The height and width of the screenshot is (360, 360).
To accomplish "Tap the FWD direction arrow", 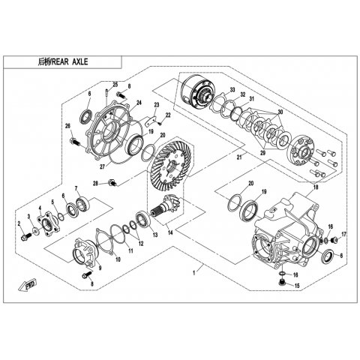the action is coord(28,284).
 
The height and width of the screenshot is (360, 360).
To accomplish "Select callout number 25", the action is coord(115,85).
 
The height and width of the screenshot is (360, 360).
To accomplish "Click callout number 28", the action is coord(95,184).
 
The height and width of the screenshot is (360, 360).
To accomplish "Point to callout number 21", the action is coord(239,157).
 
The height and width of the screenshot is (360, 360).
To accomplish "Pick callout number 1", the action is coord(193,273).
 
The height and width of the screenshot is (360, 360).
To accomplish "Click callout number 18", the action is coord(316,187).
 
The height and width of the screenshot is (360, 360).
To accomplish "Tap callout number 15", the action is coord(297,286).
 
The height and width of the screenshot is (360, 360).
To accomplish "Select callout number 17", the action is coord(344,235).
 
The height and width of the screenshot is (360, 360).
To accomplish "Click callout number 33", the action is coord(232,90).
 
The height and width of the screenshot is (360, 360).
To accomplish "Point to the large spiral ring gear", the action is coord(170,167).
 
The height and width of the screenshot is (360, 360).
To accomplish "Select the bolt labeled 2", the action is coord(25,236).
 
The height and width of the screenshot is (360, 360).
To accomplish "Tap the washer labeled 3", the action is coord(36,230).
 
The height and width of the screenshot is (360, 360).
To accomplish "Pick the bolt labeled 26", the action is coord(75,142).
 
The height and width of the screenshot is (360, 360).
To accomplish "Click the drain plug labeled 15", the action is coord(282,283).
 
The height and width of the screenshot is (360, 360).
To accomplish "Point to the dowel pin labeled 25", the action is coord(106,92).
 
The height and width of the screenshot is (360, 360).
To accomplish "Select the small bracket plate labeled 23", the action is coord(151,121).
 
